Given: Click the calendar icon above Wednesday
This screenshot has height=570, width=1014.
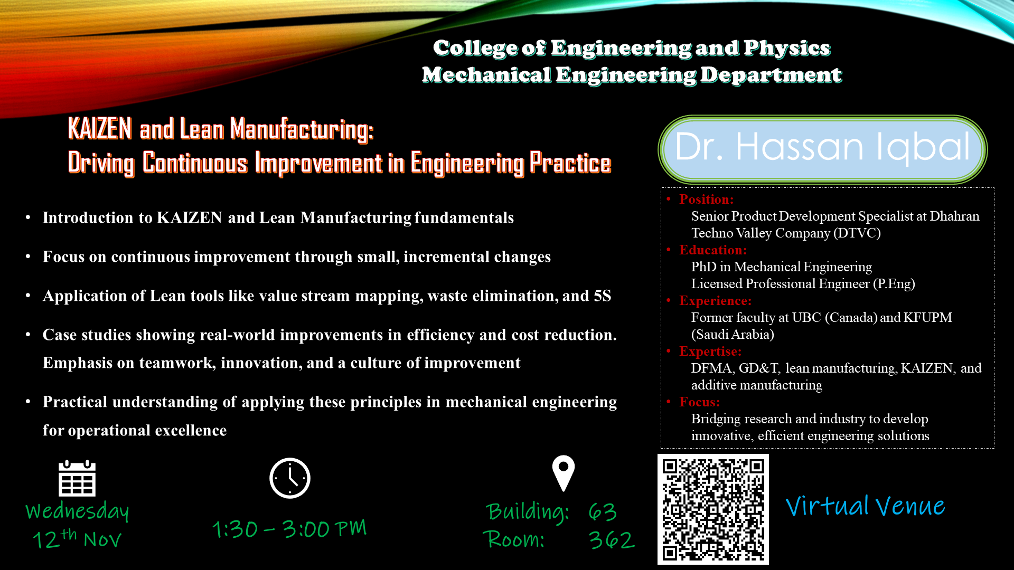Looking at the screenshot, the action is point(77,478).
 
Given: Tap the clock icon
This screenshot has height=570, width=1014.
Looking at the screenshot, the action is point(290,478).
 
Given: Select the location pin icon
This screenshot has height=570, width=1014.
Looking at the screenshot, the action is point(564,473).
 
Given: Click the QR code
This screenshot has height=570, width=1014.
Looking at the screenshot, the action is point(713,509).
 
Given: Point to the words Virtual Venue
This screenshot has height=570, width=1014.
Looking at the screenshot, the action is point(865,506).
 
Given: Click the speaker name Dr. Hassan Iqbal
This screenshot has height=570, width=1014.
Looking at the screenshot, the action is point(822,147).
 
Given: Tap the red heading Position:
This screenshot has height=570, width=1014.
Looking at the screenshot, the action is point(706,199).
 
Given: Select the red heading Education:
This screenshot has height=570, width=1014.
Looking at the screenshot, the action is point(713,250).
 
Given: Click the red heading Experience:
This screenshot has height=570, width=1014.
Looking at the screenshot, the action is point(715,300).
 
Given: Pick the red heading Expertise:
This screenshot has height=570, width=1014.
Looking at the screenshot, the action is point(710,351).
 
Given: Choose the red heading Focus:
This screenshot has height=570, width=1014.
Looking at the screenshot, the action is point(699,402).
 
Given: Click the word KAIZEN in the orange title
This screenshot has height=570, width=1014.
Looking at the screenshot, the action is point(100,129).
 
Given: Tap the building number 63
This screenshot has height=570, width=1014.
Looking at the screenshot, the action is point(603,511).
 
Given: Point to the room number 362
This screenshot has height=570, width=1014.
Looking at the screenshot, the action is point(612,540).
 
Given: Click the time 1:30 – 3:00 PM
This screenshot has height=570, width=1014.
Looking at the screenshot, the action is point(289,529).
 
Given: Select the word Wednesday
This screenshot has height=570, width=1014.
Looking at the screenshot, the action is point(77,511).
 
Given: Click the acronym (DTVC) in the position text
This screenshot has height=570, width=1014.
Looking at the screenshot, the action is point(857,233).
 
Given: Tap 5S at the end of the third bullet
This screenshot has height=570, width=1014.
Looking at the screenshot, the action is point(603,296).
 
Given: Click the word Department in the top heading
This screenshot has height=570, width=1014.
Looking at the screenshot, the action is point(771,75).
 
